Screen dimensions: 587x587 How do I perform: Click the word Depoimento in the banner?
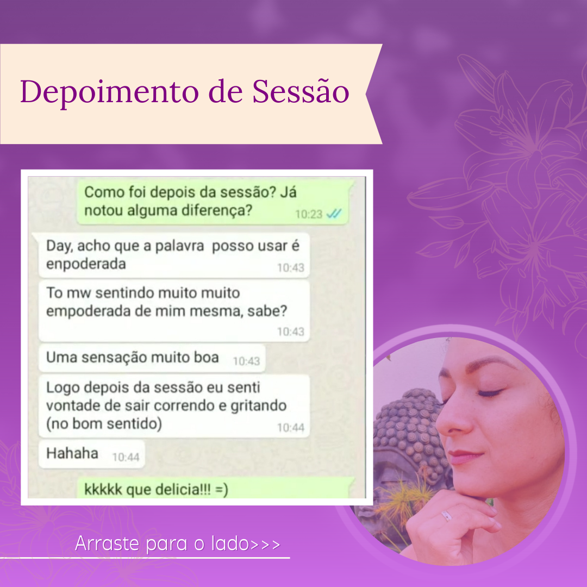pyautogui.click(x=109, y=92)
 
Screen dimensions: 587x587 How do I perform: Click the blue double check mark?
pyautogui.click(x=334, y=214)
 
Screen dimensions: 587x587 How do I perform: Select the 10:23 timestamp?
pyautogui.click(x=309, y=214)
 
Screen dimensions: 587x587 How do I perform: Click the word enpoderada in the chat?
pyautogui.click(x=86, y=265)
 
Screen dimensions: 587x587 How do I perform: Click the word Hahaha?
pyautogui.click(x=72, y=453)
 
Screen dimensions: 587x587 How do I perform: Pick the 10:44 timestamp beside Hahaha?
pyautogui.click(x=126, y=457)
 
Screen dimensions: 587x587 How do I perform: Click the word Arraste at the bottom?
pyautogui.click(x=107, y=543)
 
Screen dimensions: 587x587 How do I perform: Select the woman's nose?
pyautogui.click(x=451, y=419)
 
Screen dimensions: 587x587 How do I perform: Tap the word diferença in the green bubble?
pyautogui.click(x=217, y=211)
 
